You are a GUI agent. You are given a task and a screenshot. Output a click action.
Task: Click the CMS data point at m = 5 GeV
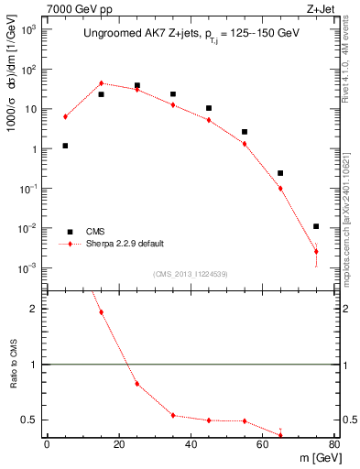click(65, 146)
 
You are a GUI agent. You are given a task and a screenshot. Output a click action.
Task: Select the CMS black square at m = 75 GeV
click(316, 226)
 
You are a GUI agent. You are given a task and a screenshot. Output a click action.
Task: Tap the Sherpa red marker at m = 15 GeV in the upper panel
click(102, 83)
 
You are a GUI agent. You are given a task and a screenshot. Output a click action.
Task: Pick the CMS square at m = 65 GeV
click(280, 173)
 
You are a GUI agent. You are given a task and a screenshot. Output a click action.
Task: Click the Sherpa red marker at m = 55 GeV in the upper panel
click(245, 144)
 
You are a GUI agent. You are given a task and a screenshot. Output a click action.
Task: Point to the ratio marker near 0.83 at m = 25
click(137, 383)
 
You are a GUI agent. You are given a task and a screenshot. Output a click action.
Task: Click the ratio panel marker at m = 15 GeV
click(102, 312)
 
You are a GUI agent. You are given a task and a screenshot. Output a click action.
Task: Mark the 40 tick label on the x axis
click(191, 445)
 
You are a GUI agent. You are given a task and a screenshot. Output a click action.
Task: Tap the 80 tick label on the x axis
click(334, 445)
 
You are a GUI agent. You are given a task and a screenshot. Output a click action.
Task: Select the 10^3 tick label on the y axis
click(28, 29)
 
